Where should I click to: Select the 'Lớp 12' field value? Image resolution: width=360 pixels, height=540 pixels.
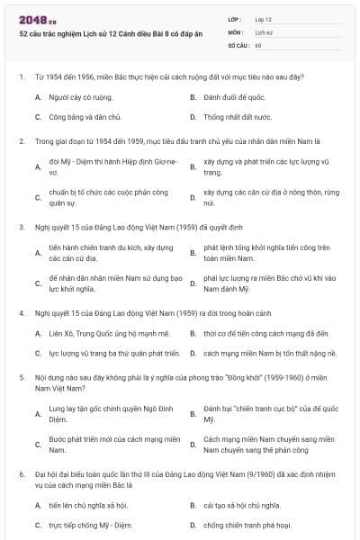[x=263, y=18]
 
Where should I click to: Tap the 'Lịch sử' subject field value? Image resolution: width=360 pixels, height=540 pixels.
[x=263, y=31]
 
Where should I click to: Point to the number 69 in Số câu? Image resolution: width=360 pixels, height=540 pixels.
[x=258, y=43]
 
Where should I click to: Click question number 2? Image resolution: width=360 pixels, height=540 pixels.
[x=22, y=141]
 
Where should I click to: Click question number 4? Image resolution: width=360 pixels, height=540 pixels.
[x=22, y=312]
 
